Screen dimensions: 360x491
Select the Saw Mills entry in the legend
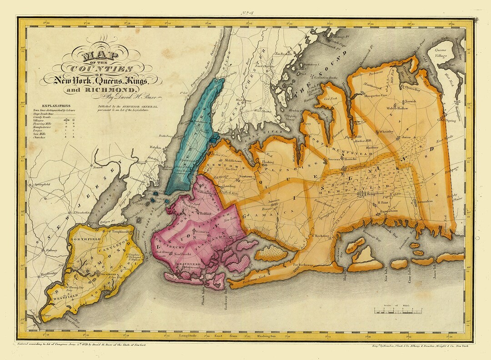(x=40, y=133)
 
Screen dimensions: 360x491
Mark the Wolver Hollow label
(x=398, y=109)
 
